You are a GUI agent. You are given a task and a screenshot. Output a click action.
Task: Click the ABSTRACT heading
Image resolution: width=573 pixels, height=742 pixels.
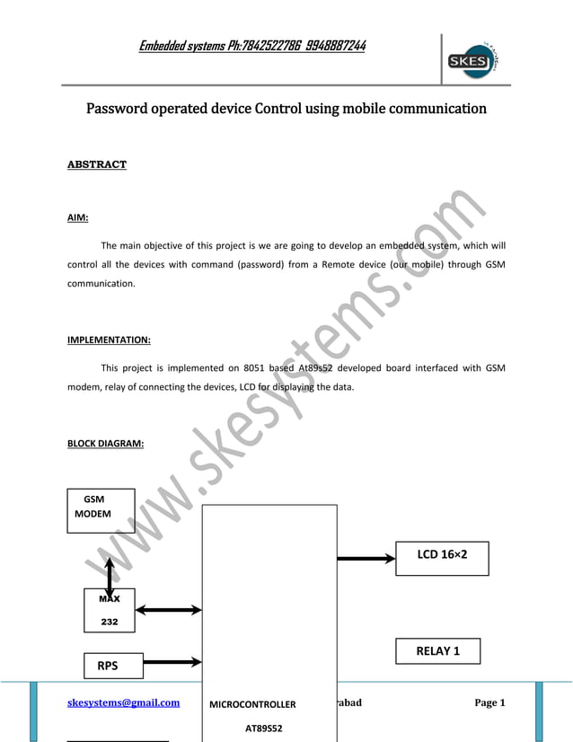(97, 164)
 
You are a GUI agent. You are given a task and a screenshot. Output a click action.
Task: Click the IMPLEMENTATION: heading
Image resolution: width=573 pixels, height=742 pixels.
(109, 340)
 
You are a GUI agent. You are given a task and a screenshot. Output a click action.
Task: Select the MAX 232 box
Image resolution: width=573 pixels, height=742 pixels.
(109, 609)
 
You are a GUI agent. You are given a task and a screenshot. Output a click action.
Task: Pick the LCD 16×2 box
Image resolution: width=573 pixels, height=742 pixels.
(441, 556)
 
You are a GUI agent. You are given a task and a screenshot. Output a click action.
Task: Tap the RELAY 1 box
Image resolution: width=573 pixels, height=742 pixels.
(437, 650)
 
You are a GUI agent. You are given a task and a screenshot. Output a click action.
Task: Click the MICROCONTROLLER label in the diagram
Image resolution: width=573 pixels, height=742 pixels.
(252, 704)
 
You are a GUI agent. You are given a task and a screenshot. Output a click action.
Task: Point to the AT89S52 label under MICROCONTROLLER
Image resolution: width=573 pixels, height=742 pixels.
(263, 727)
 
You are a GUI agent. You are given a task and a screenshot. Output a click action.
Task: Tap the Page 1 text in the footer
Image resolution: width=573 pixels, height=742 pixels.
(489, 702)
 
